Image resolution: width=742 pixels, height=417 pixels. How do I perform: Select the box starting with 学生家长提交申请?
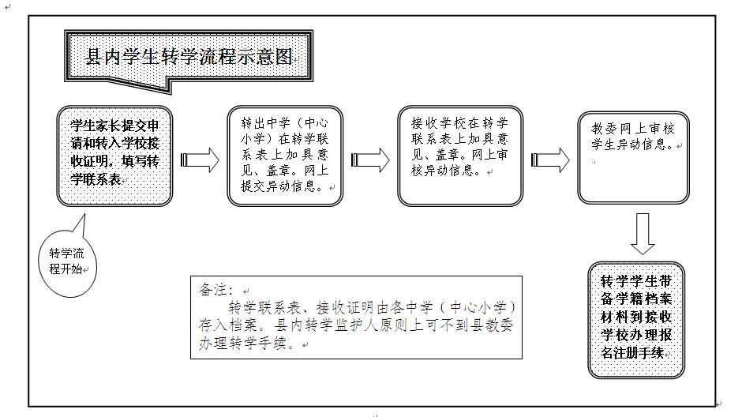pos(114,156)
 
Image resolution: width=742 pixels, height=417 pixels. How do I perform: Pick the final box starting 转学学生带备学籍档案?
pos(636,319)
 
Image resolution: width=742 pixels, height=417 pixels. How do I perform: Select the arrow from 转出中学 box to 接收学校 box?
pos(369,160)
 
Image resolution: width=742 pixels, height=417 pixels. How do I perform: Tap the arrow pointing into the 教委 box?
pos(549,160)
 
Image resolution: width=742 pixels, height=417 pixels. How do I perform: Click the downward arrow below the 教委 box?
pos(643,234)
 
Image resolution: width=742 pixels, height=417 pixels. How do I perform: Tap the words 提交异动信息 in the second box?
pos(283,187)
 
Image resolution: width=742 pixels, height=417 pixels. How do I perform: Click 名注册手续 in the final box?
pos(632,353)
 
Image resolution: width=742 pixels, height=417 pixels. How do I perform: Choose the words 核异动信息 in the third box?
pos(446,171)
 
